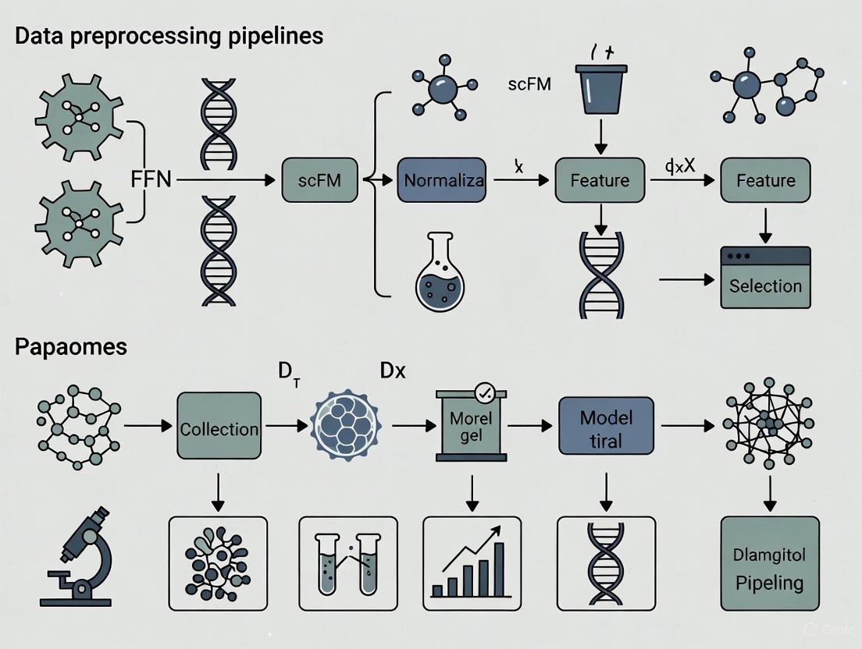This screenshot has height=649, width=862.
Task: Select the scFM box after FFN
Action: point(319,180)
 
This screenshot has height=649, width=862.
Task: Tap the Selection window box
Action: point(765,278)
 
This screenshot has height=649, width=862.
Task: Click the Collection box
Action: point(219,428)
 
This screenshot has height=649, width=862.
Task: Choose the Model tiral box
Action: point(605,428)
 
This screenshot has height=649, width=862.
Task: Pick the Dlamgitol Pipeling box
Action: point(769,563)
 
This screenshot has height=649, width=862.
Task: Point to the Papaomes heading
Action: point(70,346)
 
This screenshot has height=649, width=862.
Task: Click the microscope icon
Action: point(78,556)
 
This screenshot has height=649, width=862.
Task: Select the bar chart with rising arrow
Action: point(471,562)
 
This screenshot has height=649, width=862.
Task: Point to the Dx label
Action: point(393,371)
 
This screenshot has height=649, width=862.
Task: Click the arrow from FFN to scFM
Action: point(226,180)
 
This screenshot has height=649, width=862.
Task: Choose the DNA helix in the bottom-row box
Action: point(605,562)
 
